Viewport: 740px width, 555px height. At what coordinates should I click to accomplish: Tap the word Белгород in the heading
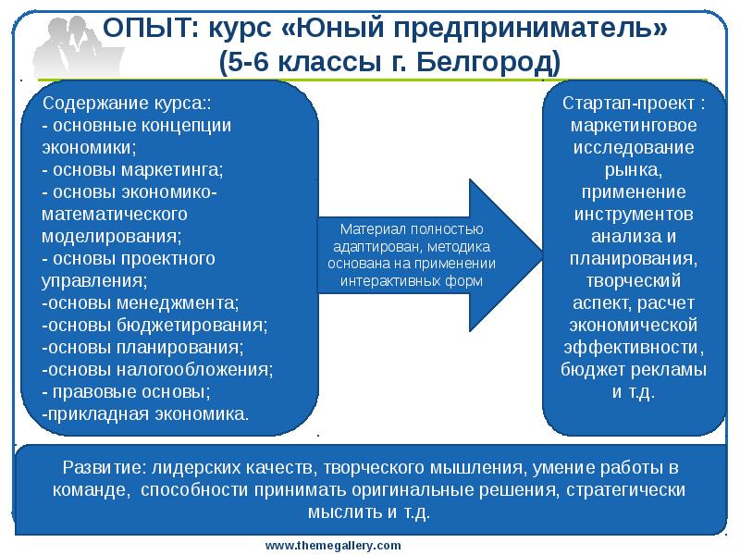(485, 64)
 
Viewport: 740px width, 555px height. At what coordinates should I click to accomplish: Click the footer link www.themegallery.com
(333, 546)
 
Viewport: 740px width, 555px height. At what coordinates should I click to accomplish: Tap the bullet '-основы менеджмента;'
(140, 302)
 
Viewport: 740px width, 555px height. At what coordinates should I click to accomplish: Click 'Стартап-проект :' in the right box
(633, 102)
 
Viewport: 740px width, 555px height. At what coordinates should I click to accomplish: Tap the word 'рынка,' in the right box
(633, 169)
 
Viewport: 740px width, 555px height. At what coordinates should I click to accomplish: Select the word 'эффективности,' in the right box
(633, 348)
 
